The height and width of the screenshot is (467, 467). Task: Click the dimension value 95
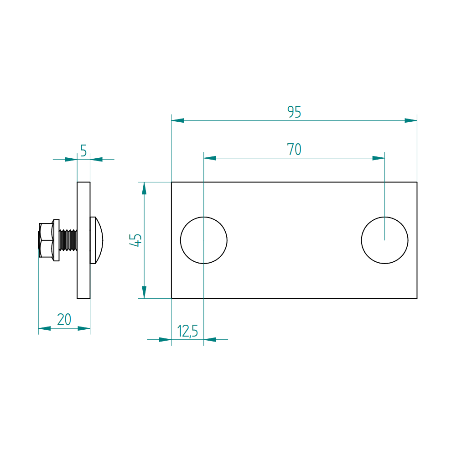coord(294,112)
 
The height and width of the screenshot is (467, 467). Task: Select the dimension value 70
coord(294,149)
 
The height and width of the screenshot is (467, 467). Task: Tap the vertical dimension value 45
coord(136,240)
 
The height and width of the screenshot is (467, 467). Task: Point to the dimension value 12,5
coord(187,331)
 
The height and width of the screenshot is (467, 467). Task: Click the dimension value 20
coord(64,320)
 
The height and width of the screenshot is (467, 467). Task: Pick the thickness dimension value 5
coord(83,150)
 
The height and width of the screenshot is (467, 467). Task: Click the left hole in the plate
coord(204,240)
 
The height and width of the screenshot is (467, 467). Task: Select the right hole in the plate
coord(384,240)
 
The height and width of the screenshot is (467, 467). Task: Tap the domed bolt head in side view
coord(97,240)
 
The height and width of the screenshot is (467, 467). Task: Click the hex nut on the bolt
coord(46,240)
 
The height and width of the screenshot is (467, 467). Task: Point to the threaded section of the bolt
coord(68,240)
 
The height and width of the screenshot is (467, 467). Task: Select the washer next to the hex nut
coord(56,240)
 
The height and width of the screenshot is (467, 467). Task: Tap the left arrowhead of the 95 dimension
coord(177,120)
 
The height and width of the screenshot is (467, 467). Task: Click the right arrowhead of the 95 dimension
coord(411,120)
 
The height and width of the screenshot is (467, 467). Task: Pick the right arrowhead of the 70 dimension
coord(379,158)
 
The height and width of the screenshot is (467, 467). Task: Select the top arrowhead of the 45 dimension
coord(145,188)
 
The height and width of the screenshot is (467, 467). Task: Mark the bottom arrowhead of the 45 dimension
coord(145,292)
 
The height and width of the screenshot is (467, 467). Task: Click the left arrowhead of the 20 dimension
coord(44,328)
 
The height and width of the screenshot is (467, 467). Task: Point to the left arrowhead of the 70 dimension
coord(210,158)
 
